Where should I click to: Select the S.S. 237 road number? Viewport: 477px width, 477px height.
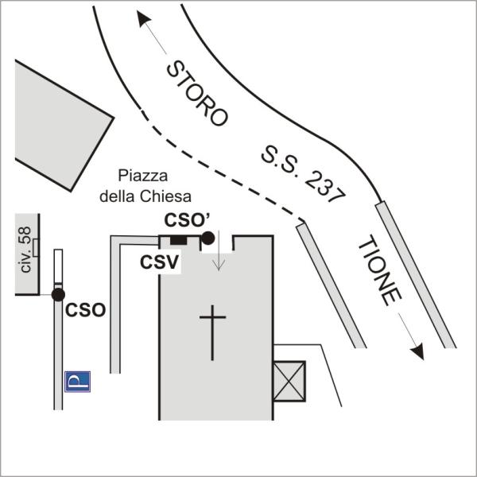pyautogui.click(x=301, y=174)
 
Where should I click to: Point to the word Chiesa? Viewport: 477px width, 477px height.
pyautogui.click(x=170, y=196)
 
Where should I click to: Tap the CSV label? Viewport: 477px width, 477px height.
pyautogui.click(x=159, y=261)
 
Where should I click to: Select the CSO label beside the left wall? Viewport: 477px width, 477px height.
pyautogui.click(x=85, y=309)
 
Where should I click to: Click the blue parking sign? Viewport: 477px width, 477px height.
pyautogui.click(x=77, y=382)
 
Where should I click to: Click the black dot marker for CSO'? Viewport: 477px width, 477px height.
pyautogui.click(x=207, y=237)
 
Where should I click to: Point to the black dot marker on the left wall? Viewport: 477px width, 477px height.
pyautogui.click(x=58, y=295)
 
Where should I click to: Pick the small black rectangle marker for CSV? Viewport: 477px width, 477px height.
pyautogui.click(x=179, y=240)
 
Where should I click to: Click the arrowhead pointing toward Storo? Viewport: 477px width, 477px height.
pyautogui.click(x=143, y=19)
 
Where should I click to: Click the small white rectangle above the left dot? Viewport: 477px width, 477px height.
pyautogui.click(x=58, y=266)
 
